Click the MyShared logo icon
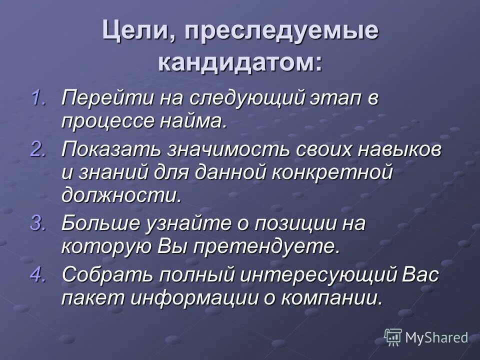pos(393,337)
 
